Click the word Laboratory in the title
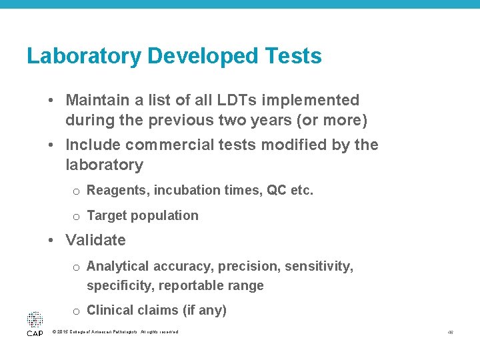84,56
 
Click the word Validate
95,240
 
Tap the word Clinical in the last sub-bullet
111,310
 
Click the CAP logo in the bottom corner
35,324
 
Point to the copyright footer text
115,332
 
